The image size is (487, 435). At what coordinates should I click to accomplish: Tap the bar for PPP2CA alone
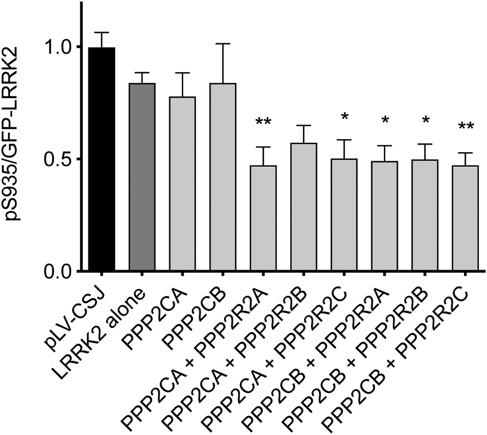(x=182, y=184)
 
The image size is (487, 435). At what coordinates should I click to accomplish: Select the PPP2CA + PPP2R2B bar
(x=303, y=207)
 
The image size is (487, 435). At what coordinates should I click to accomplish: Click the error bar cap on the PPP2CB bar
(x=223, y=44)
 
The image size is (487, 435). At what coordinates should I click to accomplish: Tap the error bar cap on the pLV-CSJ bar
(x=101, y=33)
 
